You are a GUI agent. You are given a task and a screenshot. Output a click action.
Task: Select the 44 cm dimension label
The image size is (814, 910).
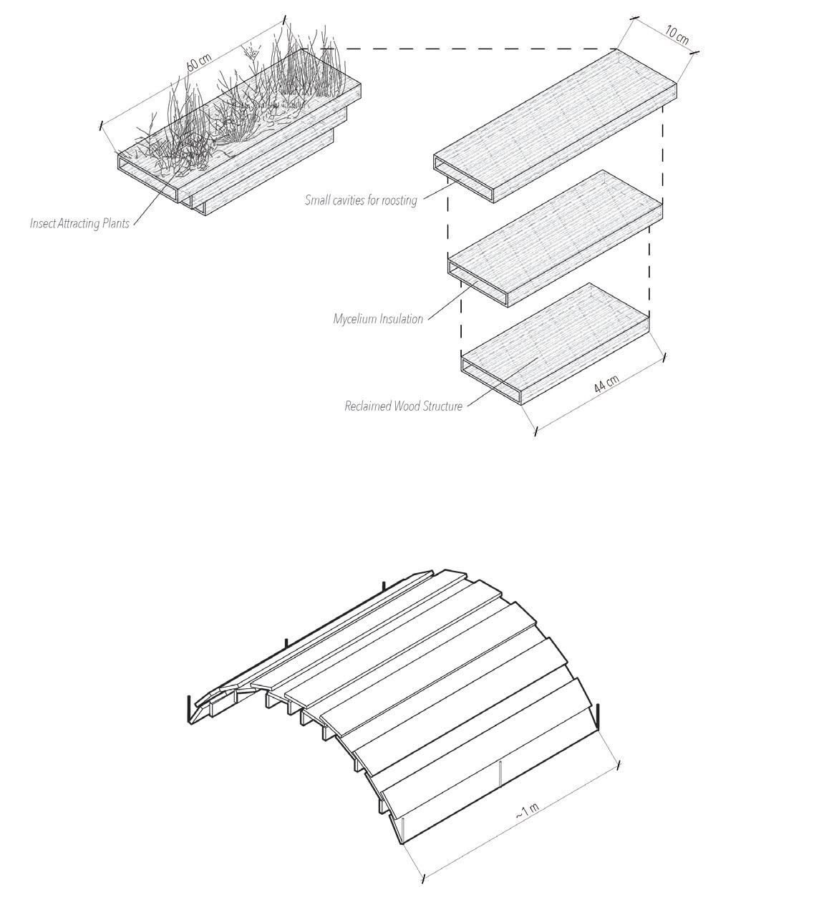606,384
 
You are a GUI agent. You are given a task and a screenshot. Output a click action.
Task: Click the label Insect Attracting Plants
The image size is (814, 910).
79,223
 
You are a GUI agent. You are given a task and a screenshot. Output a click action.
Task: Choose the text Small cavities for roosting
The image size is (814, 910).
360,200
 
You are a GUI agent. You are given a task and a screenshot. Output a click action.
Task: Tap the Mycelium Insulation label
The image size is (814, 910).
378,319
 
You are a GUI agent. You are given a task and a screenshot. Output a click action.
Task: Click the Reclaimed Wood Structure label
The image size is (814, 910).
403,406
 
